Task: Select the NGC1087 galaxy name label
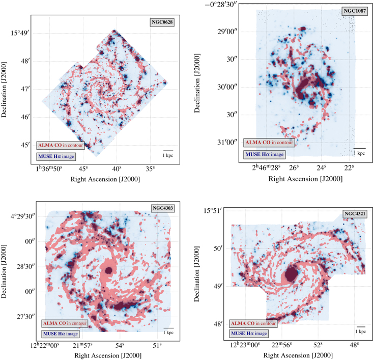pos(353,11)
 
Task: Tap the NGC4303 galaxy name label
pos(162,208)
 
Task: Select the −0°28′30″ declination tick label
pos(217,5)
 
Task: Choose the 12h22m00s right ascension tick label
pos(40,345)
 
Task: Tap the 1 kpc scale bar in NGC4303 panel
pos(169,329)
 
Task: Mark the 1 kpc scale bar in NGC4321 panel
pos(361,328)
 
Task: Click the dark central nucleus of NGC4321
pos(291,274)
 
